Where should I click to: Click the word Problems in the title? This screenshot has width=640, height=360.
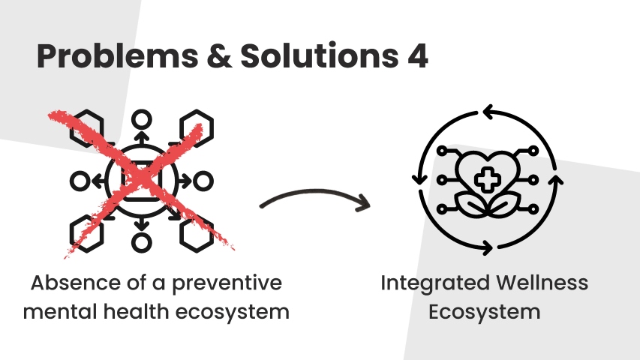[118, 56]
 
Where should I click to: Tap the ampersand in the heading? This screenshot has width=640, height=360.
[219, 55]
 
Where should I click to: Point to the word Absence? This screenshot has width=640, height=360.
[77, 283]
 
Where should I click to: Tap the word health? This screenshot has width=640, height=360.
[136, 311]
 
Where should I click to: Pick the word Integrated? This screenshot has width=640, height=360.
[435, 283]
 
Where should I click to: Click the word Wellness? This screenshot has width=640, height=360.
[542, 283]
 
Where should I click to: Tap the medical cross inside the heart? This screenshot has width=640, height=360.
[488, 179]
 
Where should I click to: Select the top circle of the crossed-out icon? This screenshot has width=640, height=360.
[142, 120]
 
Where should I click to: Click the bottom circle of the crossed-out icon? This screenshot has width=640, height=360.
[142, 242]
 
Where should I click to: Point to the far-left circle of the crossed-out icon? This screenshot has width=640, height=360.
[80, 181]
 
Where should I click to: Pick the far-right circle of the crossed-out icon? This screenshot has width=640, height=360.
[203, 181]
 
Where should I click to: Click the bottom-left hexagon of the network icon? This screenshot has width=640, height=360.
[86, 234]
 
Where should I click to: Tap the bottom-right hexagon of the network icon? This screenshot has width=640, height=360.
[197, 234]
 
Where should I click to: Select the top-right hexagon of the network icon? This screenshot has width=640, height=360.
[197, 128]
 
